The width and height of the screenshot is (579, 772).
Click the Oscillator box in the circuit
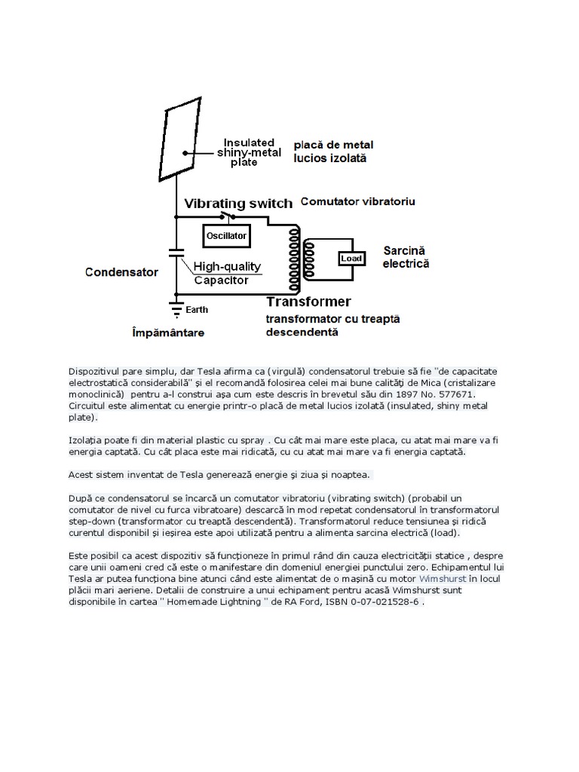227,236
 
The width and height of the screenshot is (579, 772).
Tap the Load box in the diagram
351,259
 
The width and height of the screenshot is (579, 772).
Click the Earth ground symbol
176,308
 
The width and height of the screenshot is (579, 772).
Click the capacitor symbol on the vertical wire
176,253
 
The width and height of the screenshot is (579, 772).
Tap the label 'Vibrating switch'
238,204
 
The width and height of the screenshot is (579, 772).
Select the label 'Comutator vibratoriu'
358,202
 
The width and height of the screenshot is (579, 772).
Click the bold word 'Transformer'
308,302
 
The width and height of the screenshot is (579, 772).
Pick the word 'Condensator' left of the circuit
121,272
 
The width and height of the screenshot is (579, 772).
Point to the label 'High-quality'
227,266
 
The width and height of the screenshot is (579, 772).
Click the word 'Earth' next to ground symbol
197,309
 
